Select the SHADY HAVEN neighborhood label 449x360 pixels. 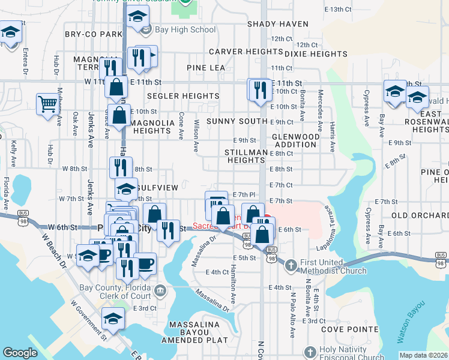(277, 25)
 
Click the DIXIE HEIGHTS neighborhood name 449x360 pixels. (316, 54)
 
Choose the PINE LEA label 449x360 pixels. (205, 68)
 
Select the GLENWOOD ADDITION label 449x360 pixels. (296, 140)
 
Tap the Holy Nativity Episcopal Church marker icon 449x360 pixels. (310, 352)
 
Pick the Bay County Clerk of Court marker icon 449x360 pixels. (160, 292)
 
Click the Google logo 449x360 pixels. (20, 353)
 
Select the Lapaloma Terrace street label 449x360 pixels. (328, 225)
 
